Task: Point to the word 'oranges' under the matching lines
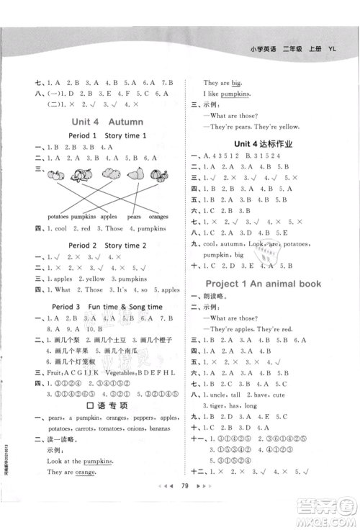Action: tap(158, 216)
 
